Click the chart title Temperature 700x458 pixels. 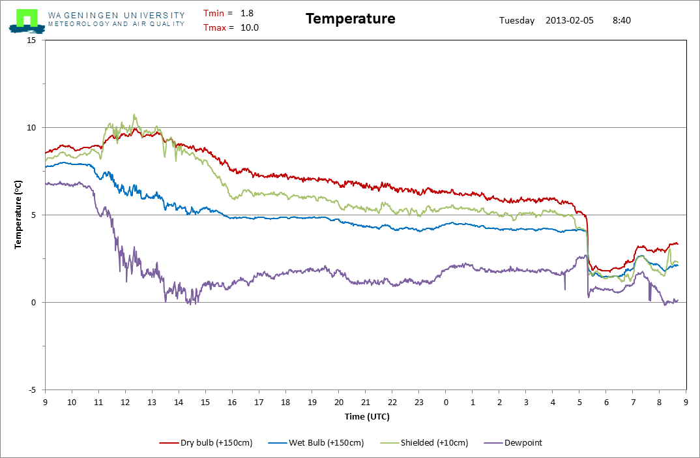tap(351, 19)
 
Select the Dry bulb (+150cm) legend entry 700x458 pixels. tap(206, 443)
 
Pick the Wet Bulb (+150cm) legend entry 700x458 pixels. tap(316, 443)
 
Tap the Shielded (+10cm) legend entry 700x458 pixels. tap(424, 443)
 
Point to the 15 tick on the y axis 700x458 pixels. tap(31, 40)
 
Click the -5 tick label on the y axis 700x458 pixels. tap(32, 390)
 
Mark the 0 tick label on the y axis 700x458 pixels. tap(33, 303)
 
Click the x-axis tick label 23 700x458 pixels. tap(418, 402)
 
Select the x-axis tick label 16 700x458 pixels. tap(232, 402)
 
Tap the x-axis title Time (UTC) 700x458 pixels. tap(367, 416)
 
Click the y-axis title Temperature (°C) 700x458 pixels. tap(18, 215)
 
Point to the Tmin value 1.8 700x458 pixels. tap(247, 14)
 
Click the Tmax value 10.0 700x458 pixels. tap(250, 27)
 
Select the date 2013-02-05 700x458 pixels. tap(570, 21)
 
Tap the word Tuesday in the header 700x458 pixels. tap(517, 21)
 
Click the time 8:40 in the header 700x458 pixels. tap(622, 21)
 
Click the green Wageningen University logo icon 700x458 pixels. tap(27, 21)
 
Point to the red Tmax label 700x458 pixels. tap(215, 27)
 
